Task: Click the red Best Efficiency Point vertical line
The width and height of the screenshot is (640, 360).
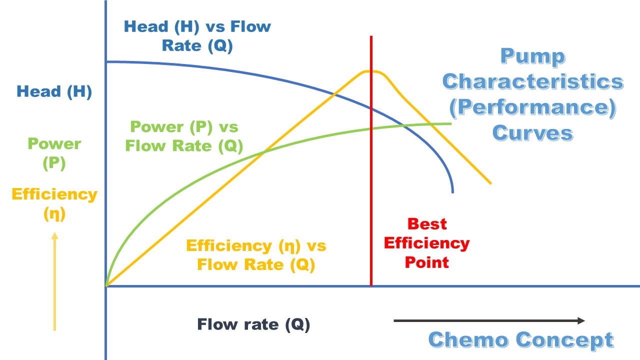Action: tap(371, 200)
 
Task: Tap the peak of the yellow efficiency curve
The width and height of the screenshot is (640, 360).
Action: tap(370, 71)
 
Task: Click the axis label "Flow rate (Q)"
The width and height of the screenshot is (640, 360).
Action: tap(253, 324)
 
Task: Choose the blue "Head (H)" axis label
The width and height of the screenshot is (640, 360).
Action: tap(54, 91)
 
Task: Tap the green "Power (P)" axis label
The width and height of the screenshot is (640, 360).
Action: tap(54, 153)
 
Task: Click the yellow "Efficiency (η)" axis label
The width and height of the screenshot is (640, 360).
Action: tap(54, 204)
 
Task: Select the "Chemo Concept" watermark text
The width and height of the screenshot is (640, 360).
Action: tap(521, 339)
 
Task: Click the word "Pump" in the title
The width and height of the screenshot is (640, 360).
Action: tap(532, 56)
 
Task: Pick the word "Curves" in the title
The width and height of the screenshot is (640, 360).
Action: tap(532, 133)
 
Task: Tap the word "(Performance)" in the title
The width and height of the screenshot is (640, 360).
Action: tap(532, 107)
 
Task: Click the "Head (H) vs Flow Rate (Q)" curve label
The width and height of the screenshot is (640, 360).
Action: tap(197, 35)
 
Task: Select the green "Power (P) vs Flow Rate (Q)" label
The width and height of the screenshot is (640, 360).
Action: tap(184, 136)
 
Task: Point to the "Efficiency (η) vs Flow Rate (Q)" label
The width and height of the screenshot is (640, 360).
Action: tap(256, 255)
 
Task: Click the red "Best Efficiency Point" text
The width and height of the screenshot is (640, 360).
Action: tap(427, 242)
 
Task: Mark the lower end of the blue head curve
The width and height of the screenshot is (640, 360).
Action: tap(452, 191)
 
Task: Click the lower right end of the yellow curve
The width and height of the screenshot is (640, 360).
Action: tap(490, 183)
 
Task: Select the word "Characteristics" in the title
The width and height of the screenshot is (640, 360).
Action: tap(532, 81)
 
